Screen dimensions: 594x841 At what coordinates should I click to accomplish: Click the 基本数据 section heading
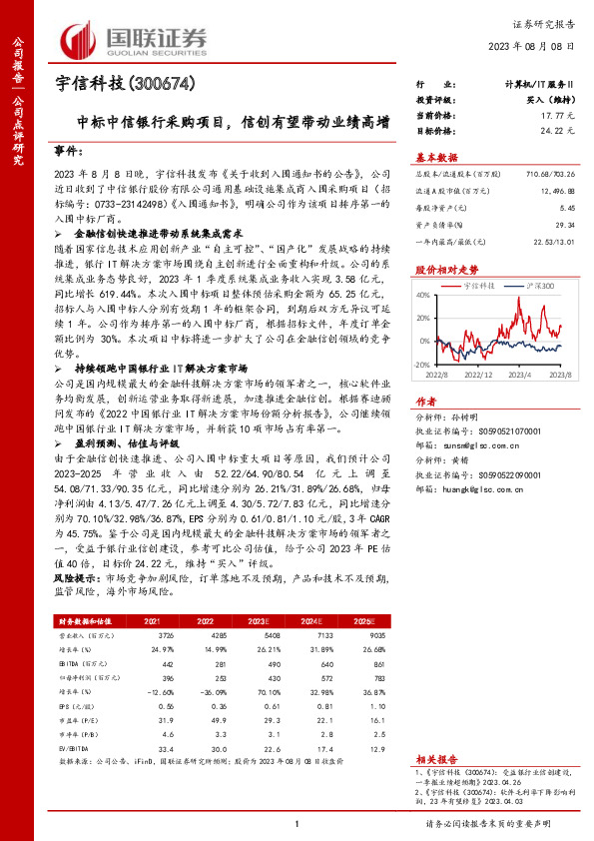click(x=436, y=157)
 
